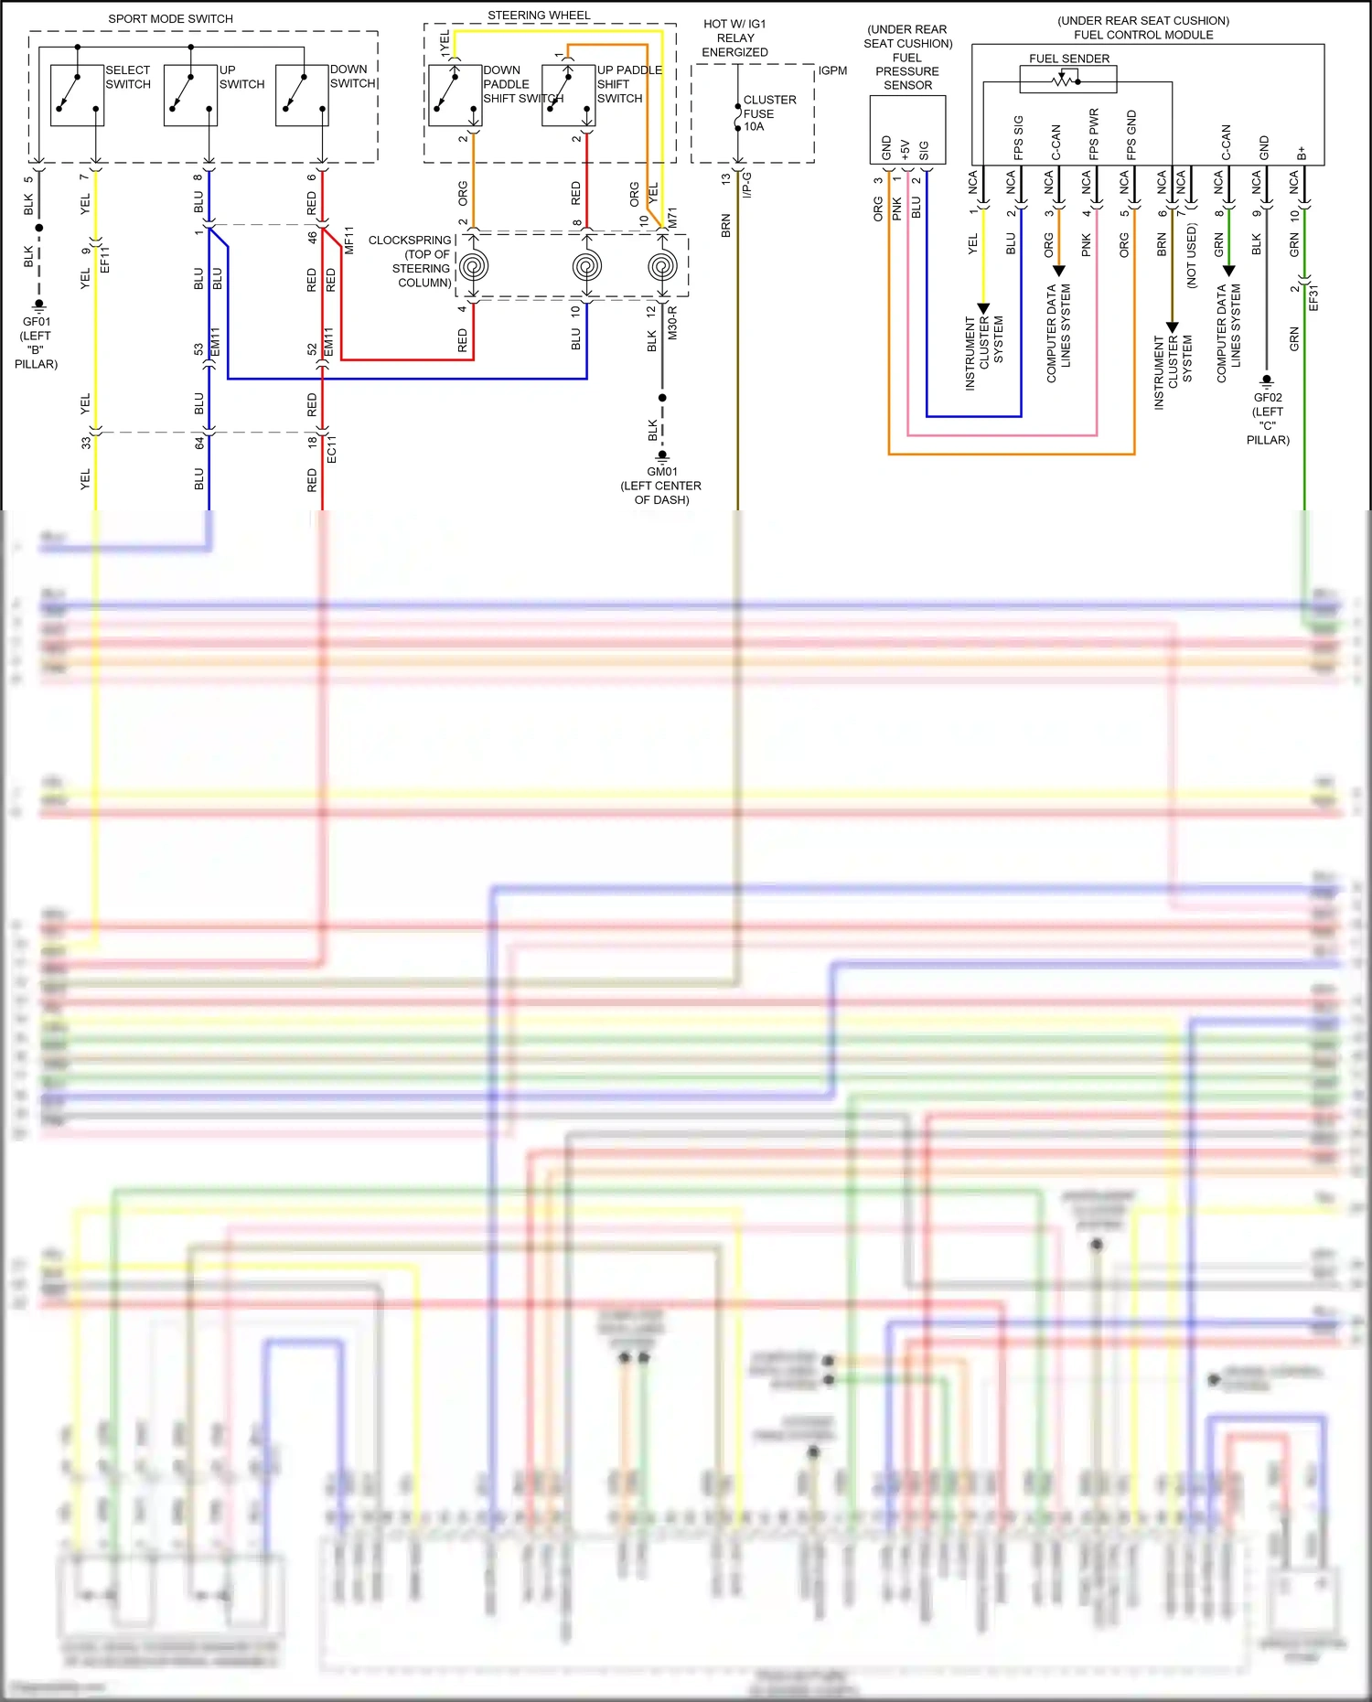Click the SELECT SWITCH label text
pyautogui.click(x=128, y=77)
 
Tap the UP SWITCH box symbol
pyautogui.click(x=190, y=95)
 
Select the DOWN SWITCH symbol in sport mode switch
pyautogui.click(x=302, y=95)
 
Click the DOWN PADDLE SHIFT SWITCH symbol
pyautogui.click(x=455, y=95)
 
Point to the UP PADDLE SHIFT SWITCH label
pyautogui.click(x=628, y=84)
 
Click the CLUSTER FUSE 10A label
pyautogui.click(x=769, y=113)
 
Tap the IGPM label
pyautogui.click(x=832, y=70)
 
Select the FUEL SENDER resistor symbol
pyautogui.click(x=1067, y=80)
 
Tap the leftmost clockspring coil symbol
pyautogui.click(x=473, y=266)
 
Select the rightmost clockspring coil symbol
pyautogui.click(x=662, y=266)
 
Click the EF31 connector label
pyautogui.click(x=1313, y=296)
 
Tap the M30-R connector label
pyautogui.click(x=672, y=323)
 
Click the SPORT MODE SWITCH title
pyautogui.click(x=170, y=18)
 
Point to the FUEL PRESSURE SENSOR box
pyautogui.click(x=906, y=130)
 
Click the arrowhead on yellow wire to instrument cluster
pyautogui.click(x=983, y=308)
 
